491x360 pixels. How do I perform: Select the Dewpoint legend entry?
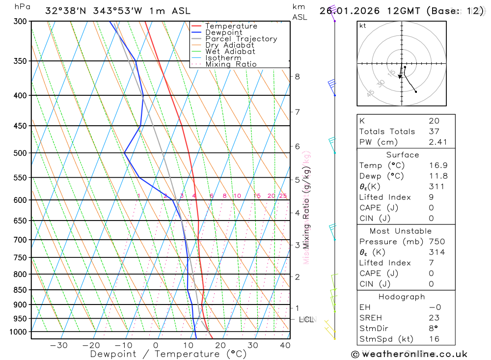223,32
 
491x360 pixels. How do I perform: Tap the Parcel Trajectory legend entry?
241,39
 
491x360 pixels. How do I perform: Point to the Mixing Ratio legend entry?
231,64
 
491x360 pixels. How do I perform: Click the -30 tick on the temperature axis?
59,345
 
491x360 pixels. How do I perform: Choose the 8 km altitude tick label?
298,76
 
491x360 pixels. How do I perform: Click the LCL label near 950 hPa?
306,320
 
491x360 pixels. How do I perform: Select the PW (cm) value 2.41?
434,142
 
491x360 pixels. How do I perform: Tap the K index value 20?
434,121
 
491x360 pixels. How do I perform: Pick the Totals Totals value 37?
434,132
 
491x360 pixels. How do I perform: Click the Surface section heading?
403,155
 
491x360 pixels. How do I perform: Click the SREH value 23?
434,318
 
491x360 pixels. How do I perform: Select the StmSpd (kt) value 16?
434,339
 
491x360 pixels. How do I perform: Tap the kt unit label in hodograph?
363,26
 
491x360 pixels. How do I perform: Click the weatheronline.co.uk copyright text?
409,354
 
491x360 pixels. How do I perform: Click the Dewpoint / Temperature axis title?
168,354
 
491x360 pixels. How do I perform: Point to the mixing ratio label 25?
283,196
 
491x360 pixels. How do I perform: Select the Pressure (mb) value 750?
436,242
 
